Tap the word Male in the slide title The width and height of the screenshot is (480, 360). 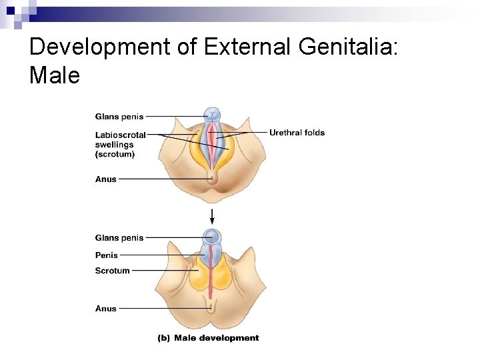55,75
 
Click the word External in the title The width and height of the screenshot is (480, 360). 249,47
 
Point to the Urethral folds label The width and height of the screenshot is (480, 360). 297,133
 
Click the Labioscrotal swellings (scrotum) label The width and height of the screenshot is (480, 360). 120,145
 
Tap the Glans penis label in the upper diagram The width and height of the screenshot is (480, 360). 119,117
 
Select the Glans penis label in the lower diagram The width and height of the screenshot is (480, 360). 119,238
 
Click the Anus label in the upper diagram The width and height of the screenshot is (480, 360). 106,179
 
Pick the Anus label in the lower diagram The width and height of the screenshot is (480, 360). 106,309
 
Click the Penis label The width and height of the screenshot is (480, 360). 107,255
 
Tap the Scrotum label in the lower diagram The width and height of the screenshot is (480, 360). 112,271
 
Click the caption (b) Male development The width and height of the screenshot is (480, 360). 208,338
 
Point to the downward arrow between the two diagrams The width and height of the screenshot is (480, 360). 212,215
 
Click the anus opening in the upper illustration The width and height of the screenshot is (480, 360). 212,176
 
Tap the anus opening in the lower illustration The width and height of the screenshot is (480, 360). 212,307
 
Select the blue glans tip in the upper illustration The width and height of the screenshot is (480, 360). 212,114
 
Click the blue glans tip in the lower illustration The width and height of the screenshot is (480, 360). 212,236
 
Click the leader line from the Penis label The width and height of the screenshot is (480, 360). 160,255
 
